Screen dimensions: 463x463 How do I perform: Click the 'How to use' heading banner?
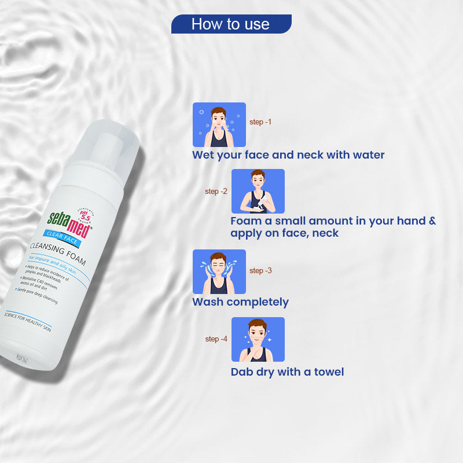231,24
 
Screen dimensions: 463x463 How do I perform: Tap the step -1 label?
260,122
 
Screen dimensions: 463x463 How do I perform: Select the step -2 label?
216,192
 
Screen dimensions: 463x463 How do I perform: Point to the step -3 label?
260,271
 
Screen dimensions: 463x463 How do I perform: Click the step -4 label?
216,339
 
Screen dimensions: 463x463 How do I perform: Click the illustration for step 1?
219,124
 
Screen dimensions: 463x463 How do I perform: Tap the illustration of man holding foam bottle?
258,191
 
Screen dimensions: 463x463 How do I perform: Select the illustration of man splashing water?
219,271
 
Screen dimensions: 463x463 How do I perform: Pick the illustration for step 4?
258,339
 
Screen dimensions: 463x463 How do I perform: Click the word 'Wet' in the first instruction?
203,155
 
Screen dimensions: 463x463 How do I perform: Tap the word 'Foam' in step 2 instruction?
245,221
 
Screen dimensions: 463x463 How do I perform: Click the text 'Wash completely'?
240,302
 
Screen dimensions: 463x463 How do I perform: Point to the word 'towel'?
328,372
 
